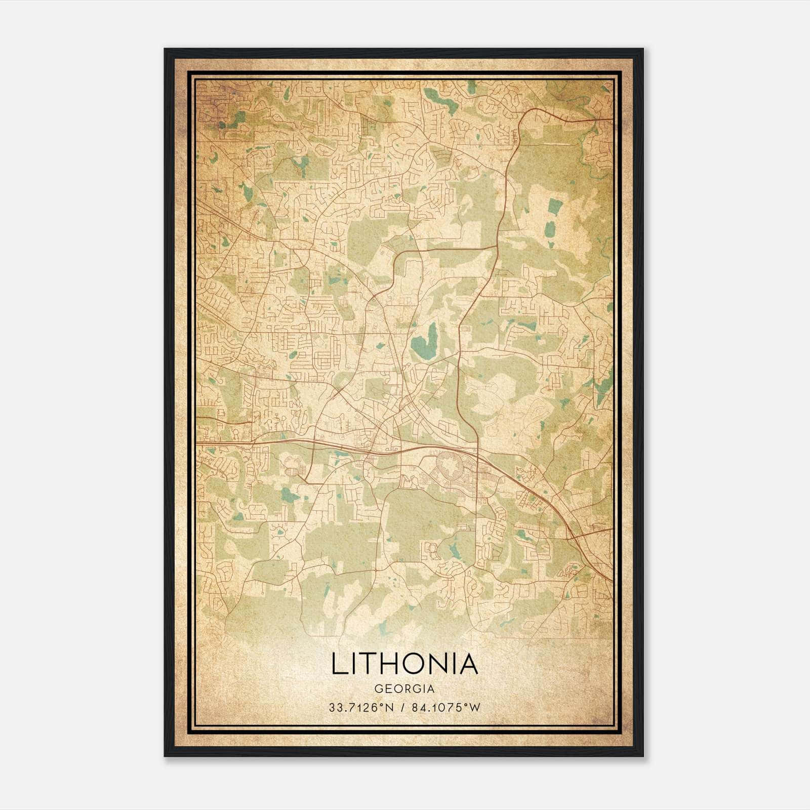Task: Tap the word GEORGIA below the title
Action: tap(404, 689)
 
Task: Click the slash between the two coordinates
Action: tap(402, 708)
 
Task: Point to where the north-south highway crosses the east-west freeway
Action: tap(477, 449)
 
